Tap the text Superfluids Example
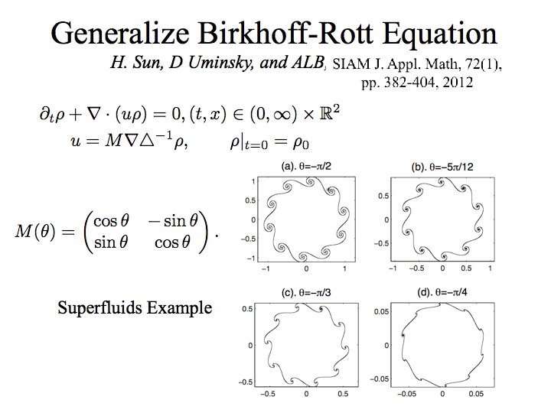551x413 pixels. pos(135,308)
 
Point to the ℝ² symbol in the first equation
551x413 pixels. pos(330,114)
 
